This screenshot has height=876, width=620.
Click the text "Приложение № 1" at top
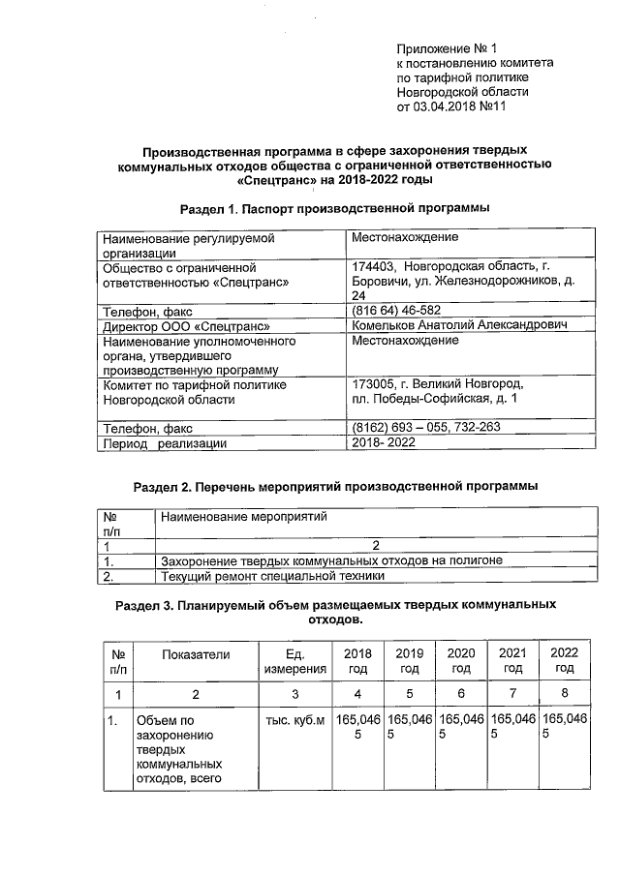(x=447, y=47)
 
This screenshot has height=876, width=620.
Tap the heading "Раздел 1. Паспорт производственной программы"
(x=334, y=208)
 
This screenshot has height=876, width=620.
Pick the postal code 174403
(x=375, y=266)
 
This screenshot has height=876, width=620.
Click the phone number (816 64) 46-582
(x=397, y=311)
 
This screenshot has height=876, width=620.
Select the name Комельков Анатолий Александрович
(x=458, y=326)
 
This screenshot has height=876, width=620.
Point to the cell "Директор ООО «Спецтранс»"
(x=184, y=326)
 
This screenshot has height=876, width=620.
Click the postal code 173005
(x=374, y=384)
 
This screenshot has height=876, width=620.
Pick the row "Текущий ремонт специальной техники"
(x=272, y=576)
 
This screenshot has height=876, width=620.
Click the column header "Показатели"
(x=197, y=654)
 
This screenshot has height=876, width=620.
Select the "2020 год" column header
(x=461, y=661)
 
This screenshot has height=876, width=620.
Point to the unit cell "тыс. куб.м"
(x=296, y=720)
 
